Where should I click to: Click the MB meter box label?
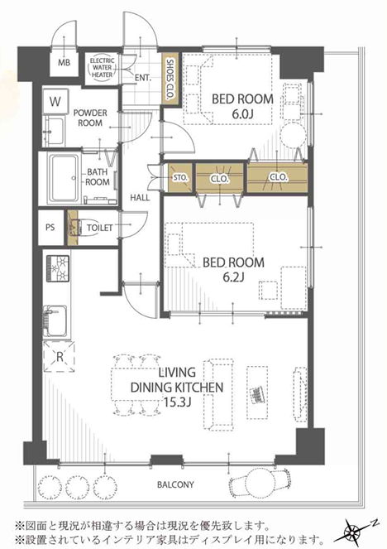pyautogui.click(x=64, y=63)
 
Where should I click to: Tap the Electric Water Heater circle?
pyautogui.click(x=102, y=68)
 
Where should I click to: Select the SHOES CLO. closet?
pyautogui.click(x=170, y=79)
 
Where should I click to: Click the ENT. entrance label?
pyautogui.click(x=142, y=78)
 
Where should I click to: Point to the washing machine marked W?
pyautogui.click(x=55, y=102)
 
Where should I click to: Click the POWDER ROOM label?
pyautogui.click(x=90, y=118)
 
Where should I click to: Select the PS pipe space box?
pyautogui.click(x=50, y=227)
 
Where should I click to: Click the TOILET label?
pyautogui.click(x=99, y=228)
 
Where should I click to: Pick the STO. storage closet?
pyautogui.click(x=180, y=177)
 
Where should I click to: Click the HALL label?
pyautogui.click(x=140, y=198)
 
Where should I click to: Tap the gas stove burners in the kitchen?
pyautogui.click(x=58, y=269)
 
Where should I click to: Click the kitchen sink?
pyautogui.click(x=55, y=321)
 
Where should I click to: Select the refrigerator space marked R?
pyautogui.click(x=59, y=356)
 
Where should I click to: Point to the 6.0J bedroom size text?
pyautogui.click(x=242, y=114)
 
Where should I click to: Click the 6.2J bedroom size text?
pyautogui.click(x=233, y=277)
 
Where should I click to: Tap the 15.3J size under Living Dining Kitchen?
pyautogui.click(x=177, y=402)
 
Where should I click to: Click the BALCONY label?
pyautogui.click(x=175, y=485)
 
